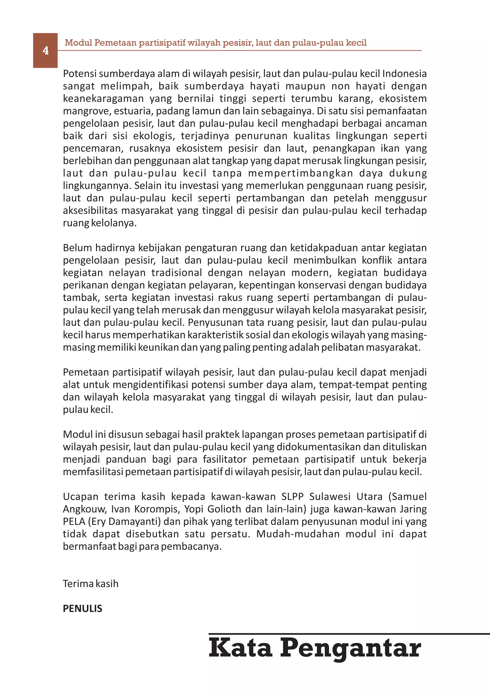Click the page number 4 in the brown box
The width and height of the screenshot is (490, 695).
click(x=45, y=50)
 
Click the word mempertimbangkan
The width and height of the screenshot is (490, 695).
click(x=301, y=173)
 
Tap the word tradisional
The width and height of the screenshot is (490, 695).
click(x=177, y=273)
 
